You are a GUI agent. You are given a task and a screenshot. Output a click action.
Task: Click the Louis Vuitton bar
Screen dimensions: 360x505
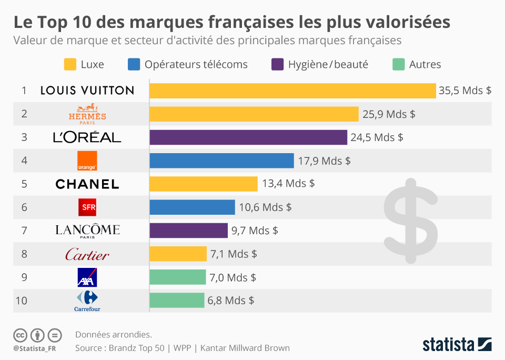[292, 91]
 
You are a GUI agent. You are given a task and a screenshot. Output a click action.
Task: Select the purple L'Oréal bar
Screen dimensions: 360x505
[248, 137]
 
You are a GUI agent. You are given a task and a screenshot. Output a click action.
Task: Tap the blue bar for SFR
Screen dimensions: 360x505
[192, 207]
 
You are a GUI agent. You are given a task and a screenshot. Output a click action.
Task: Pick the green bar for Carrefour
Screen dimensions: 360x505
[177, 301]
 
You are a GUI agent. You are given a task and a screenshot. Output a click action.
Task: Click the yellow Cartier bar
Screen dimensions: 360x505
[178, 254]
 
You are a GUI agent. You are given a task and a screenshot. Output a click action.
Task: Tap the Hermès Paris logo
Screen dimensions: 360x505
[87, 114]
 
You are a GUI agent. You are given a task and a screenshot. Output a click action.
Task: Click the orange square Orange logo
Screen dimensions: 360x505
[87, 161]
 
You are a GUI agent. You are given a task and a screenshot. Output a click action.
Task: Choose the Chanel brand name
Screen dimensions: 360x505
[87, 184]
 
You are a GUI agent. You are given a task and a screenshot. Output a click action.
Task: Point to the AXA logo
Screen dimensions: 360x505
[87, 277]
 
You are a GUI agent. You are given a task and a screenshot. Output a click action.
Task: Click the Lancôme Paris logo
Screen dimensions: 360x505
[87, 231]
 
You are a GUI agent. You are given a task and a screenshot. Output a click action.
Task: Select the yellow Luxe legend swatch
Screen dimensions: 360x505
[70, 64]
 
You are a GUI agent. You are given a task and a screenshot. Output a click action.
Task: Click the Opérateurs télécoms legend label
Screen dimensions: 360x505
[196, 64]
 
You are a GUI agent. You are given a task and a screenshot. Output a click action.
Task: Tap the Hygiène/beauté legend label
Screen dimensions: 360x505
[328, 64]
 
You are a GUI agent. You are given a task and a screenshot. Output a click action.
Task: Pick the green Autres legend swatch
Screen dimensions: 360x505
[399, 64]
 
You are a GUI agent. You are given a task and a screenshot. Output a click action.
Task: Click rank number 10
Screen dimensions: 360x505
[22, 301]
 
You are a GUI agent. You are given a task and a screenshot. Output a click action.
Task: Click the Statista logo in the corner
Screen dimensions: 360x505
[457, 345]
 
